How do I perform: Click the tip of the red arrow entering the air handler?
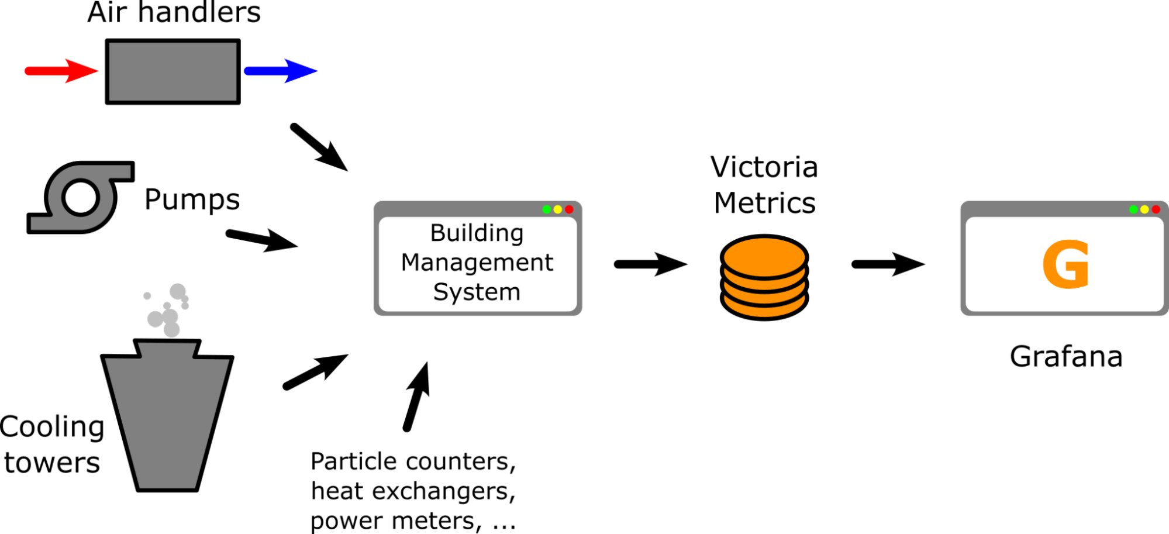tap(98, 71)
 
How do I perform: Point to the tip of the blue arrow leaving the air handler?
tap(318, 71)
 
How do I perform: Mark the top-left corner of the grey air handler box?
tap(106, 40)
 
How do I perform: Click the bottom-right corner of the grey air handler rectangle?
tap(240, 104)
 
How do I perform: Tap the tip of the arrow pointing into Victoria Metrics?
tap(688, 264)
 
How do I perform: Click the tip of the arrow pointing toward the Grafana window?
tap(925, 264)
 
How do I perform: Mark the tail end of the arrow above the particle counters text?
tap(406, 429)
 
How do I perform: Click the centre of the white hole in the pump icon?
tap(80, 197)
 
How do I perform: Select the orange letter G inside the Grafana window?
tap(1065, 264)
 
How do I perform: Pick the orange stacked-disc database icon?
tap(764, 277)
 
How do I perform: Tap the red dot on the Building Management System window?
tap(569, 209)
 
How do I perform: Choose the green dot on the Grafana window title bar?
tap(1133, 209)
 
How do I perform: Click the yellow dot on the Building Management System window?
tap(558, 209)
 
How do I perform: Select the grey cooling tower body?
tap(167, 415)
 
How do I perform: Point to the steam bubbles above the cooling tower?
tap(167, 310)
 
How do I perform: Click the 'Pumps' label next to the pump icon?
tap(192, 200)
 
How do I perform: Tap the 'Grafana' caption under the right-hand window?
tap(1066, 356)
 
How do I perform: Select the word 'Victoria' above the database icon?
tap(764, 167)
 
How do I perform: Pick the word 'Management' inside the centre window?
tap(477, 263)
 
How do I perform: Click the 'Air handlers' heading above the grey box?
tap(174, 12)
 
